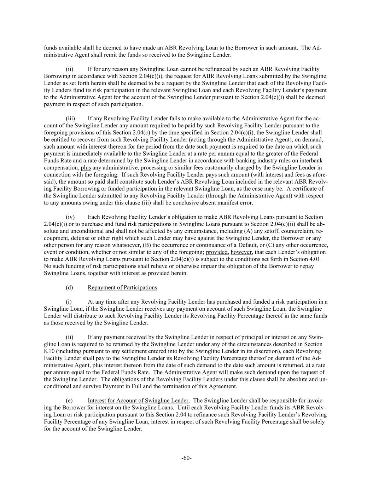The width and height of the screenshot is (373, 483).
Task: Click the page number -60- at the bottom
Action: click(186, 458)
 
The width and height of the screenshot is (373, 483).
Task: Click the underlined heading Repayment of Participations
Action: click(122, 287)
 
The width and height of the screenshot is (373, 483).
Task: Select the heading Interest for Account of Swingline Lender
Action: click(138, 401)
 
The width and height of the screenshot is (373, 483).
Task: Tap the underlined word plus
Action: click(86, 168)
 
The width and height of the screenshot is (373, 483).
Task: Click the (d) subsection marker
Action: click(69, 287)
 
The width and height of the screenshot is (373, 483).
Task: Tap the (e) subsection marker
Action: click(69, 401)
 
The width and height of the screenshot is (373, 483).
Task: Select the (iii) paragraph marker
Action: click(70, 119)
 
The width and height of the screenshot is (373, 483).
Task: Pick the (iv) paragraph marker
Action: click(70, 217)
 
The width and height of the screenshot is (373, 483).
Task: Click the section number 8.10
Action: click(49, 351)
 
